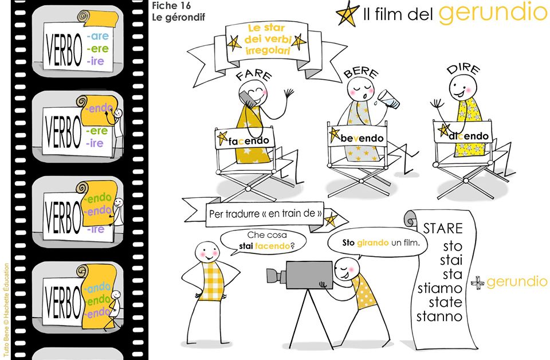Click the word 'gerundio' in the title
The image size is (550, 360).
tap(493, 13)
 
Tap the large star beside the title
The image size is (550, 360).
tap(348, 13)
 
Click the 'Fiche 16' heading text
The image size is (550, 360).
tap(171, 6)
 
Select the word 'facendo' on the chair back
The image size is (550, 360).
tap(249, 141)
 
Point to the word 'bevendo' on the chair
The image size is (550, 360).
tap(362, 139)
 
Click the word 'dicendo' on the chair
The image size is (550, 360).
tap(468, 136)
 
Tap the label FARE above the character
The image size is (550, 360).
tap(254, 75)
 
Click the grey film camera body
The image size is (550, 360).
tap(309, 275)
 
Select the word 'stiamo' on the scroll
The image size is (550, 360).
tap(440, 288)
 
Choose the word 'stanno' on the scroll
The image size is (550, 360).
tap(439, 316)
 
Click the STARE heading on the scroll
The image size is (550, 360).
tap(443, 229)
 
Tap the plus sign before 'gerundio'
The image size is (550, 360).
tap(477, 283)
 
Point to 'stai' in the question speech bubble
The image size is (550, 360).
tap(246, 246)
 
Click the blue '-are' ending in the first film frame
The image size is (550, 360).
tap(98, 36)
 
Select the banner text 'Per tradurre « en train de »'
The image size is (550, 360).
tap(265, 214)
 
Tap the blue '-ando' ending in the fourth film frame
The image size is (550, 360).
tap(97, 288)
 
